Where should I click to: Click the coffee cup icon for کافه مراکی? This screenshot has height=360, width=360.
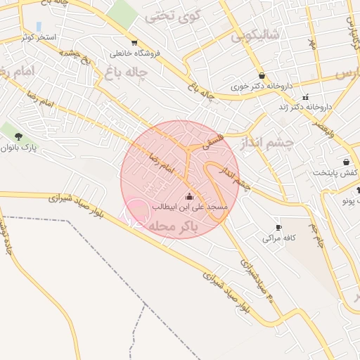point(278,227)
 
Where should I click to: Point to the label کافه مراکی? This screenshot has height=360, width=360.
point(278,238)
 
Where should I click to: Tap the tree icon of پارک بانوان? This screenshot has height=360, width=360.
point(18,136)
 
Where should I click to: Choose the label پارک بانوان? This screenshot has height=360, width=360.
point(18,148)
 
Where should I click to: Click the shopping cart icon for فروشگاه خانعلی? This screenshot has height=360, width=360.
point(134,42)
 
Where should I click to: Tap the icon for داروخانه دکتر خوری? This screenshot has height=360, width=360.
point(262,76)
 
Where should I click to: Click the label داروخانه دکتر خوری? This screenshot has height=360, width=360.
point(261,88)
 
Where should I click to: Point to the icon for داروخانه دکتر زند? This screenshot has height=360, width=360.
point(305,97)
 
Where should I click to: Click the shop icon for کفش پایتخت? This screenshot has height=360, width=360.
point(347,162)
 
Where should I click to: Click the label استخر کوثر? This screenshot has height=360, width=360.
point(43,36)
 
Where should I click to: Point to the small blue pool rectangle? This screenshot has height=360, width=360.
point(39,26)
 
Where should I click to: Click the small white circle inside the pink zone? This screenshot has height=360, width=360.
point(136,211)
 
